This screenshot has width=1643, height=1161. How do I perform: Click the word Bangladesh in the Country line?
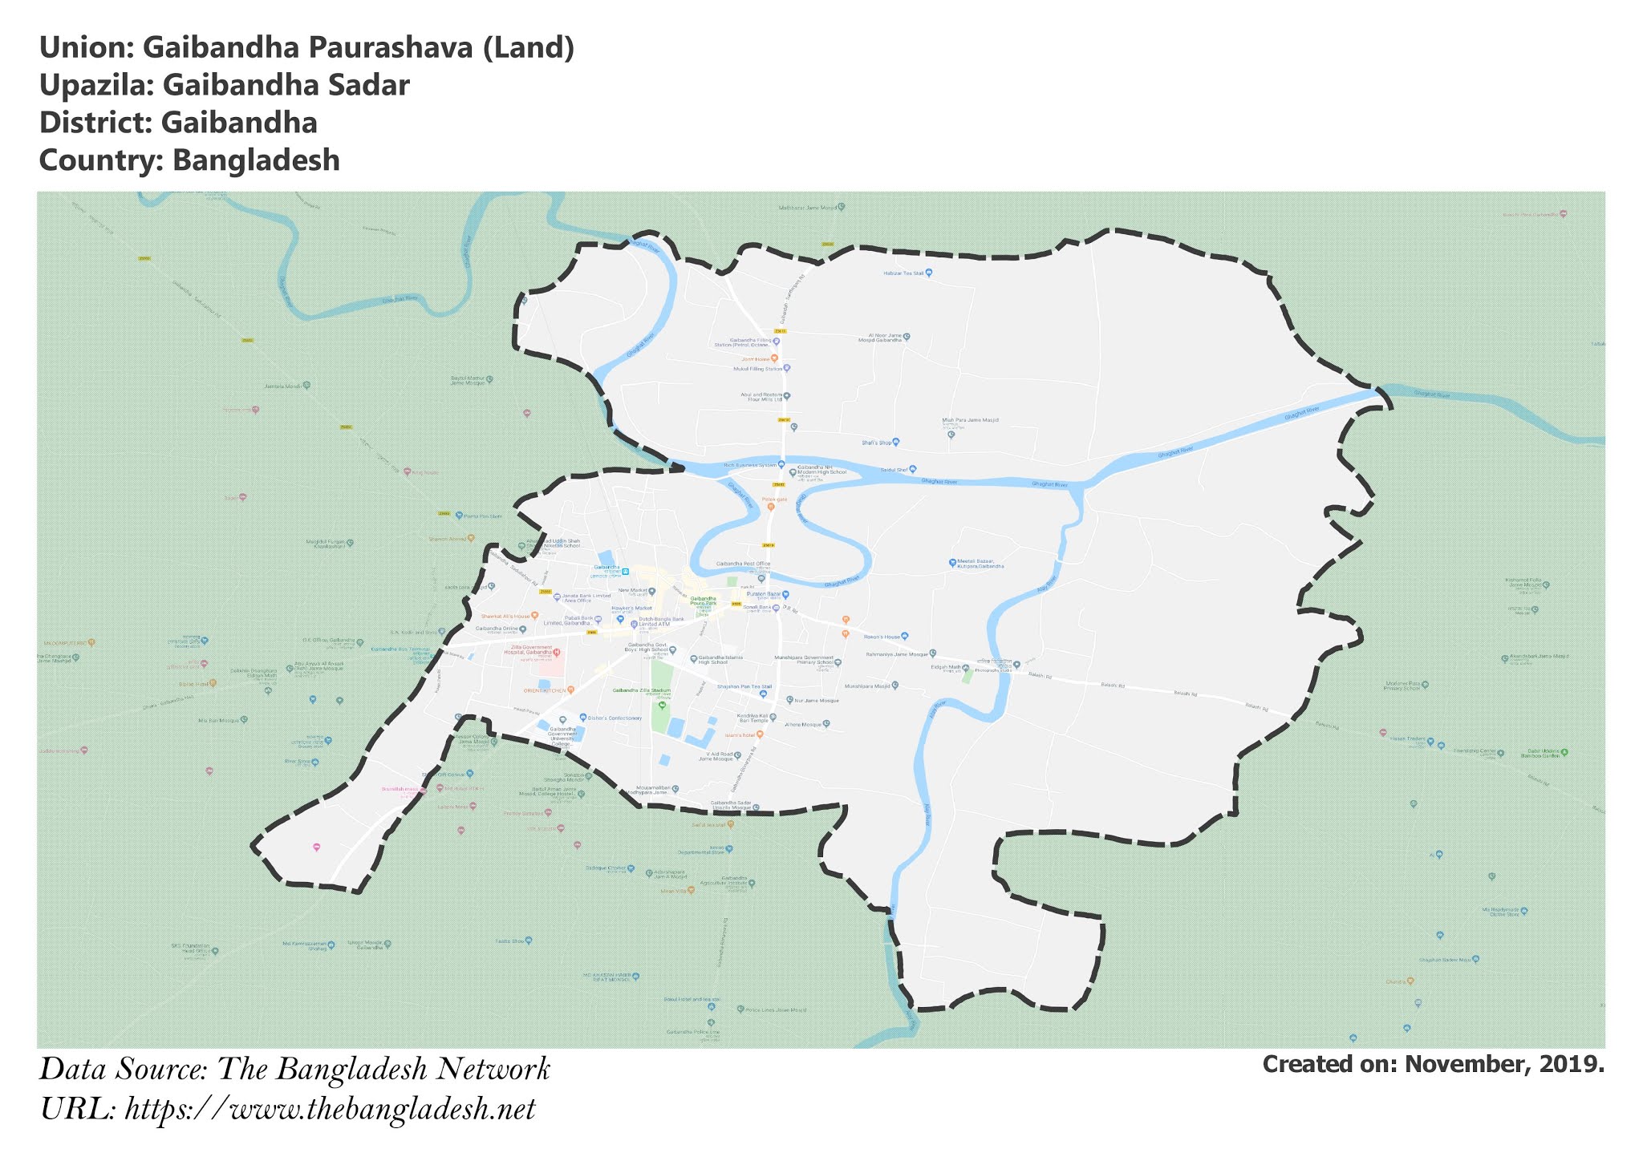point(256,160)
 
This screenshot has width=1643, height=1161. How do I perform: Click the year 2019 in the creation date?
point(1571,1064)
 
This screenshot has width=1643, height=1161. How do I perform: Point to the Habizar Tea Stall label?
point(903,273)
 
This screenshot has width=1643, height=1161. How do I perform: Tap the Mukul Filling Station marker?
point(787,369)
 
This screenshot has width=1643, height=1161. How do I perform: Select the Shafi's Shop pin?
point(896,442)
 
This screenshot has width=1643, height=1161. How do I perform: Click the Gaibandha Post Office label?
point(742,564)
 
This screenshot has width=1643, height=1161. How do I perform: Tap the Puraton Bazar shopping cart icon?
point(785,594)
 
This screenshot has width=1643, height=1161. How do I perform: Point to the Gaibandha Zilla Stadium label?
point(641,690)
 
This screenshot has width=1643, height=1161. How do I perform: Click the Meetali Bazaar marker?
point(952,563)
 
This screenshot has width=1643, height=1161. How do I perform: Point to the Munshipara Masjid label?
point(866,686)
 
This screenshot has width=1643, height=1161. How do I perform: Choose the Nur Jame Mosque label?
point(816,701)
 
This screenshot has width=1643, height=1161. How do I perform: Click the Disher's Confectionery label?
point(615,718)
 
